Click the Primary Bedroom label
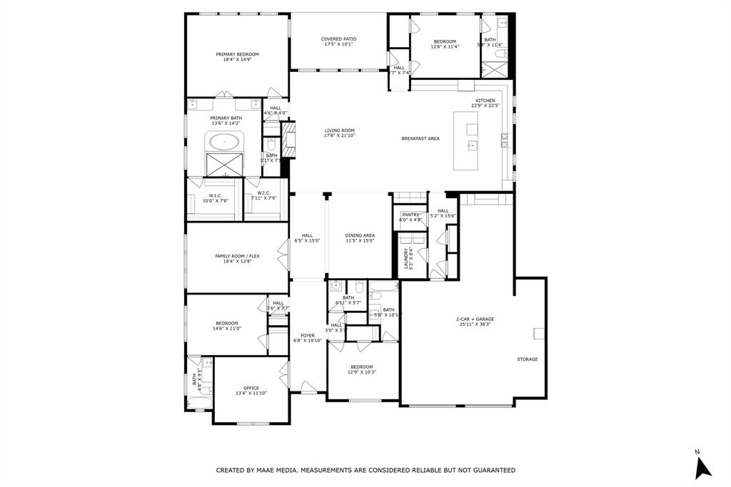pos(237,54)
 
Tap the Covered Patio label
pos(338,39)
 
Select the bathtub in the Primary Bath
pos(225,141)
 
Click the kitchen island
pos(470,146)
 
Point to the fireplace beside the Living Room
pos(287,140)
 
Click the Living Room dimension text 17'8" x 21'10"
pos(340,135)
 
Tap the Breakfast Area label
pos(420,138)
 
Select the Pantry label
pos(410,215)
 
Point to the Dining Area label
pos(360,235)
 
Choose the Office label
pos(251,388)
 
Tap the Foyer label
pos(308,335)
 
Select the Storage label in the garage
pos(528,359)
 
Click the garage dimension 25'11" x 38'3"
pos(475,324)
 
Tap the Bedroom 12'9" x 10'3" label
pos(362,366)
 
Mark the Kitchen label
pos(485,101)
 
